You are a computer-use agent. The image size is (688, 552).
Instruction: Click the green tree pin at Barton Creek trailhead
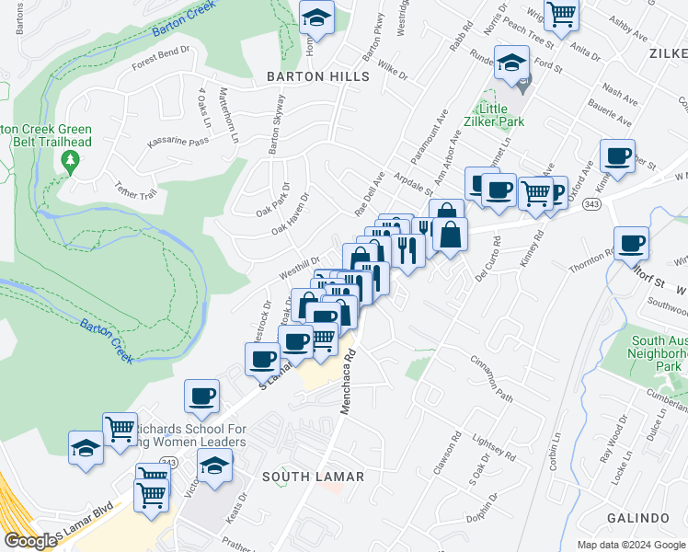[x=68, y=162]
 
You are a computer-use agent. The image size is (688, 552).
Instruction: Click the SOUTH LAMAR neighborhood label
[x=313, y=477]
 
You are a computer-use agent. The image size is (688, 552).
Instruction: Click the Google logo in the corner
[x=30, y=541]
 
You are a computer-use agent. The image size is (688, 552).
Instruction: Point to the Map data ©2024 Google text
[x=629, y=545]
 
